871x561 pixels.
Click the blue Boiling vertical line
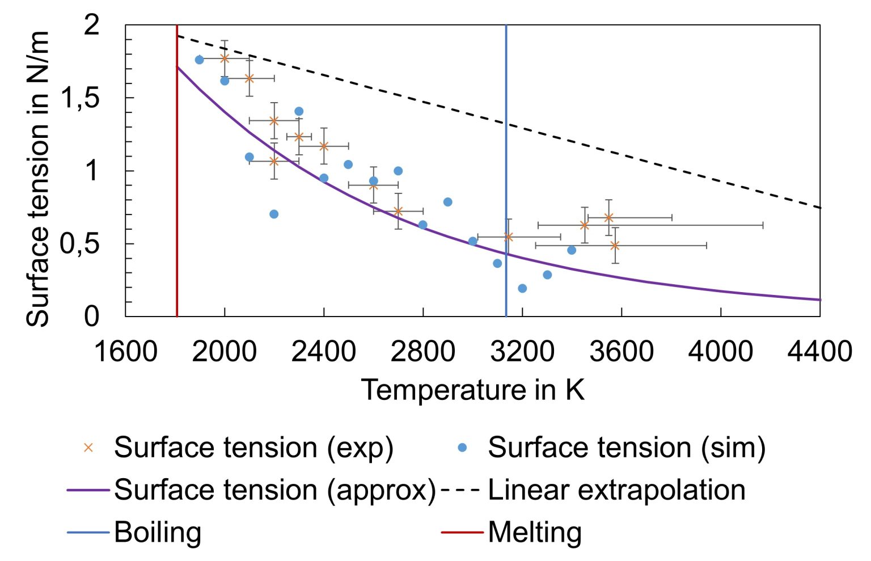pos(506,142)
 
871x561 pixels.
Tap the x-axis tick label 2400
pos(323,351)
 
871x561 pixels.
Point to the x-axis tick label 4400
pos(819,351)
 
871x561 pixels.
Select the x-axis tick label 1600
pos(125,351)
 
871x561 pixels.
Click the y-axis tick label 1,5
pos(80,98)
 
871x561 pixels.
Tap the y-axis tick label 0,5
pos(80,244)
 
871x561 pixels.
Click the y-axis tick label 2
pos(91,26)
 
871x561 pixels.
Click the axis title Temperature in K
pos(472,390)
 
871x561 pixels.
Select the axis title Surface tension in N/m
pos(38,179)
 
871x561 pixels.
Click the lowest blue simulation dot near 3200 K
pos(522,289)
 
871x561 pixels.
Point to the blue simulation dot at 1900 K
pos(199,60)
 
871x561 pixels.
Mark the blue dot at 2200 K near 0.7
pos(274,214)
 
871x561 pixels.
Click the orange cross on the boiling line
pos(509,237)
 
